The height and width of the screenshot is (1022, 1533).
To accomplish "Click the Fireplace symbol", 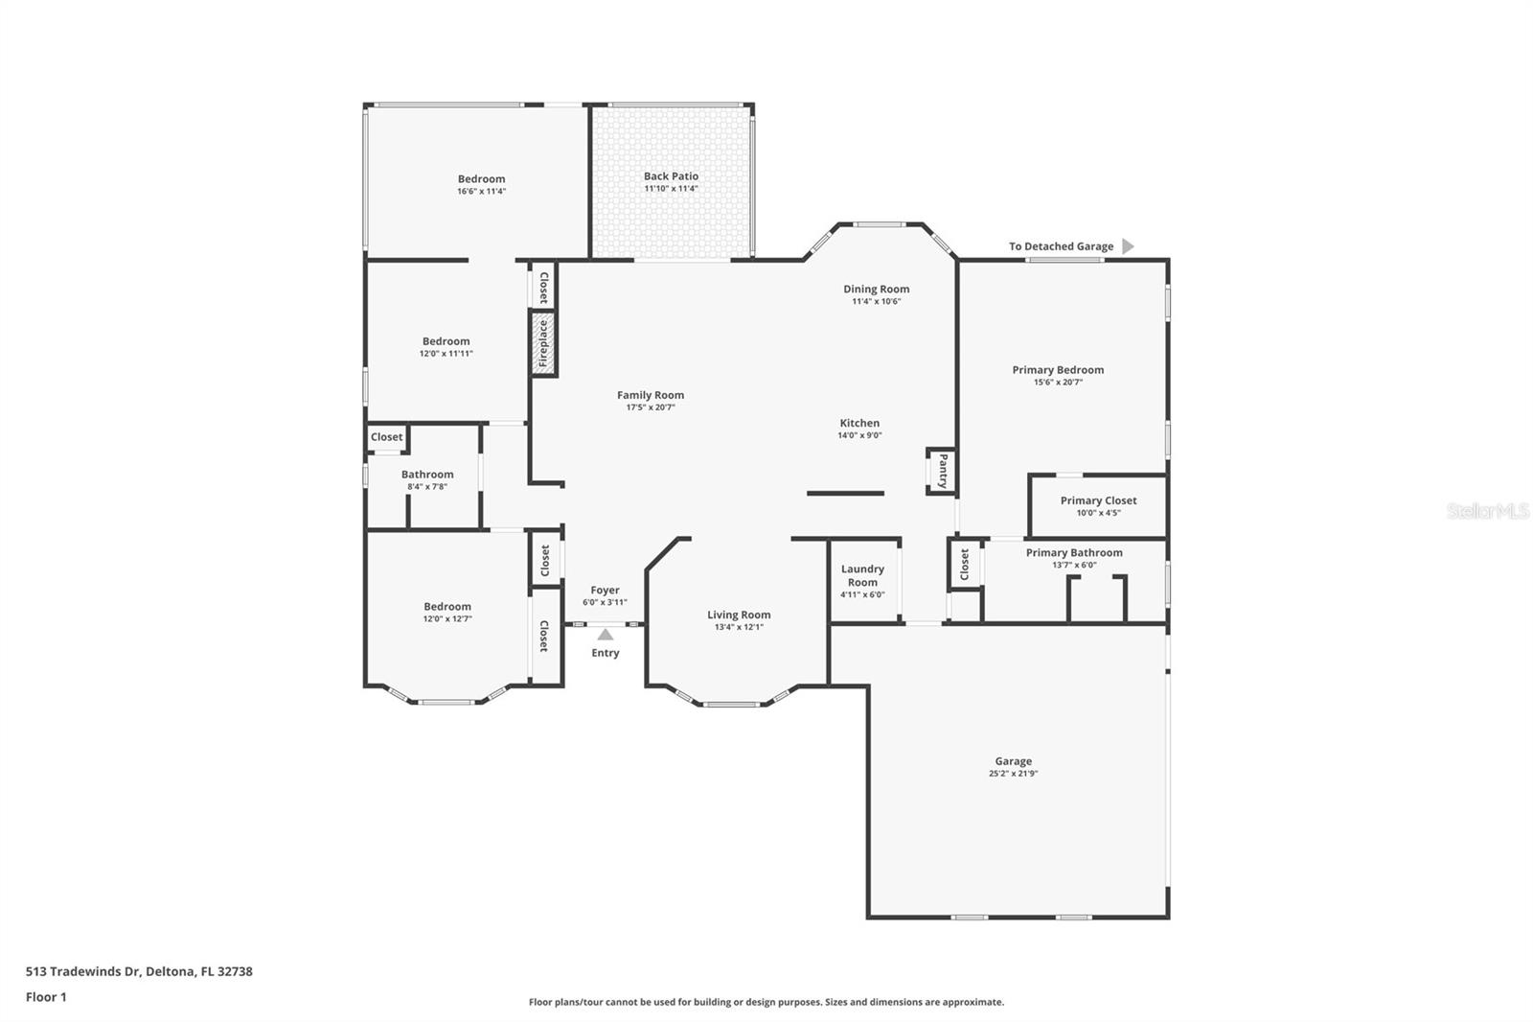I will (543, 343).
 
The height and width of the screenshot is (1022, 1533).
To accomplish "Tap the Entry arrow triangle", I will (606, 635).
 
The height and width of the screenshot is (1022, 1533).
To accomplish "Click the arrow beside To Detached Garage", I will (1128, 246).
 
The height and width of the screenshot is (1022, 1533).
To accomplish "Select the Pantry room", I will (942, 471).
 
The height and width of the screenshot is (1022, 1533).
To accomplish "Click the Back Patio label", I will (671, 176).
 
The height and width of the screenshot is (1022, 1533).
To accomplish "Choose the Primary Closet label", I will (1098, 500).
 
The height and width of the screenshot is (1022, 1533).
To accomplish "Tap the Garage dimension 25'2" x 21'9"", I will (1013, 774).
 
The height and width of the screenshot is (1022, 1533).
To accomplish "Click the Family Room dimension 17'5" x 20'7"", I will (651, 407).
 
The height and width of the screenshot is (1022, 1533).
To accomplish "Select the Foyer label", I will (605, 591).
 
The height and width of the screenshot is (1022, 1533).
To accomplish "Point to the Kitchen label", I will (859, 423).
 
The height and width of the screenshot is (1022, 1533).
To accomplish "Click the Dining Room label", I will (876, 289).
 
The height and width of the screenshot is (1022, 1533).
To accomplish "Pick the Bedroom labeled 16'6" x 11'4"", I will (481, 179).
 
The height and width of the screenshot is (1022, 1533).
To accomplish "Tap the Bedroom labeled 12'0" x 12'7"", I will (447, 607).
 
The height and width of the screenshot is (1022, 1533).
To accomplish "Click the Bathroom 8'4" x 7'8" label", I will (427, 475).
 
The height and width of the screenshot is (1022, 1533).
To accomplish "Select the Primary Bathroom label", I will (1074, 552).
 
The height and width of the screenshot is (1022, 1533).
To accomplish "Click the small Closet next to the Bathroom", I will (387, 437).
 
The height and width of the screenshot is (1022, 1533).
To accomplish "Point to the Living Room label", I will (739, 616).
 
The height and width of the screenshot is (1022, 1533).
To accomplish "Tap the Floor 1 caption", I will (46, 997).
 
